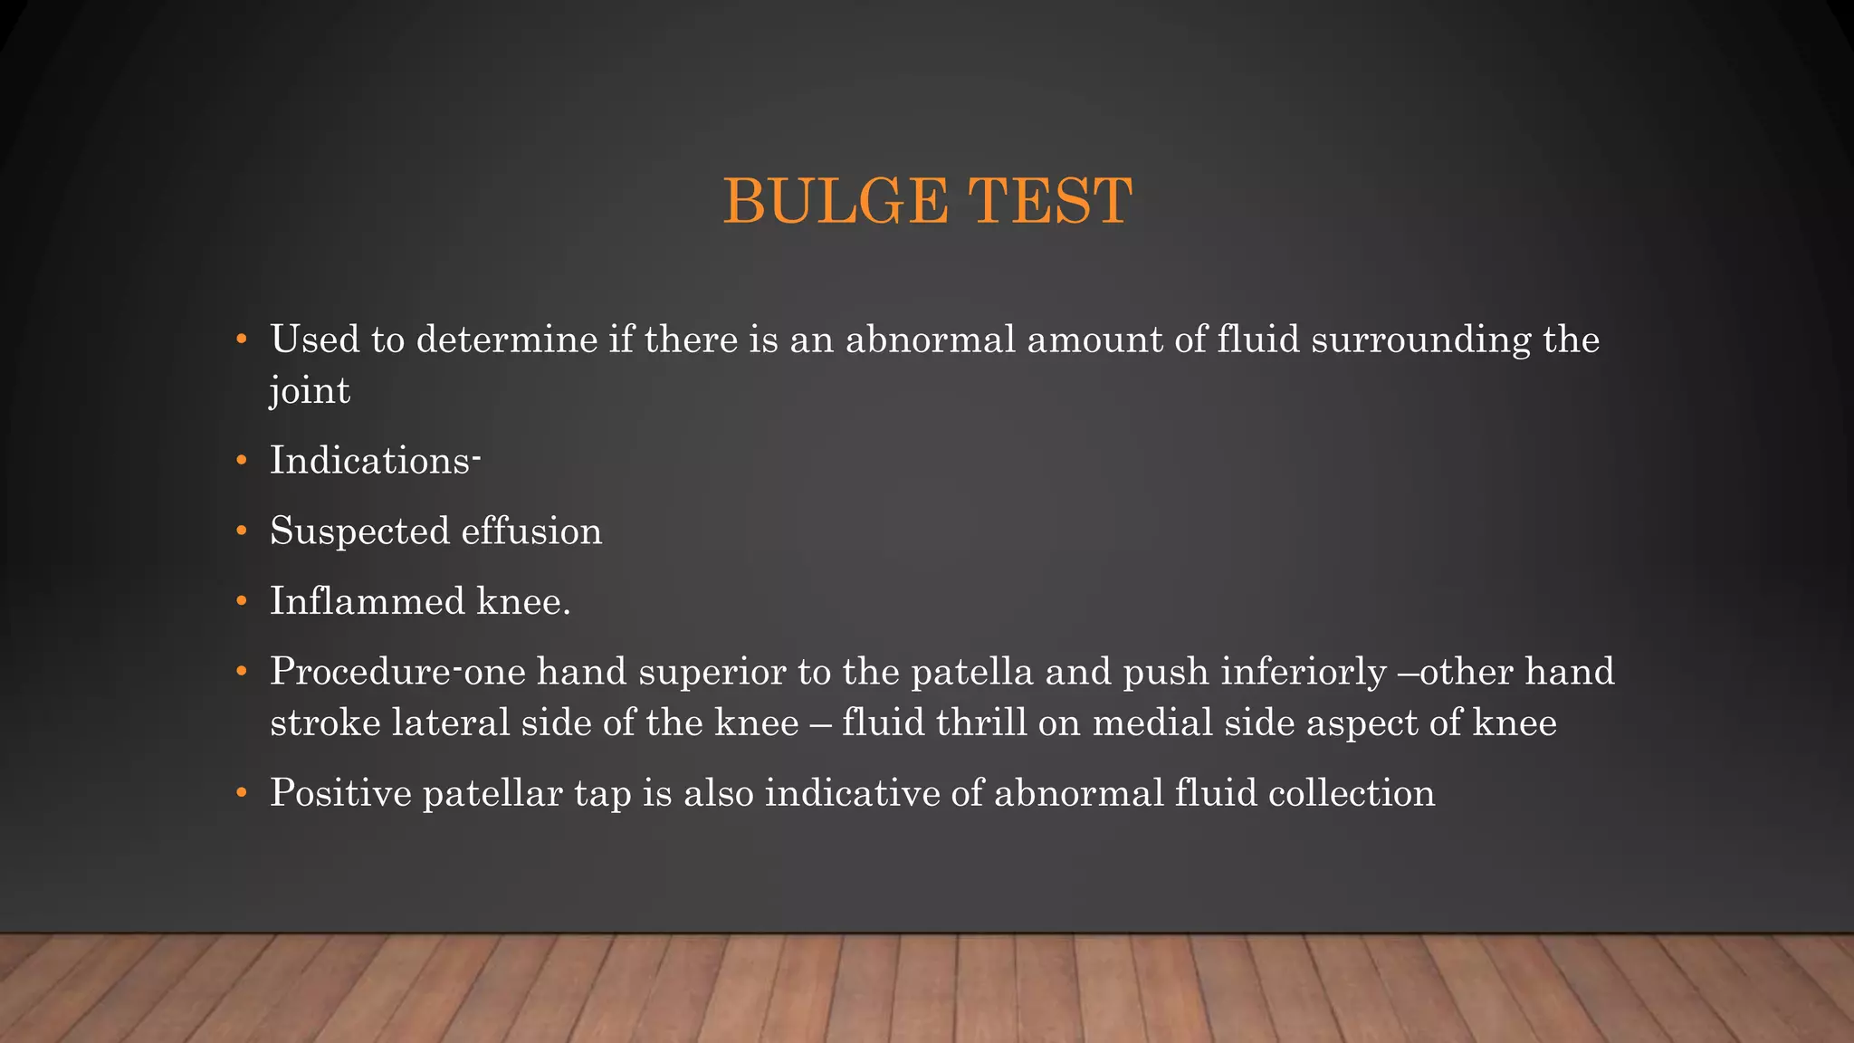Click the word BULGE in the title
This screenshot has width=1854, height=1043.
pyautogui.click(x=836, y=201)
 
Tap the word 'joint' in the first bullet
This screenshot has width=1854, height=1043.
pyautogui.click(x=310, y=391)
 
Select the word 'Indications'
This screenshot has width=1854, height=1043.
pyautogui.click(x=370, y=461)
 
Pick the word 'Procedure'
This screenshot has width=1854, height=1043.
pyautogui.click(x=360, y=672)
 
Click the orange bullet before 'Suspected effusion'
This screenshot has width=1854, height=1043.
pyautogui.click(x=241, y=531)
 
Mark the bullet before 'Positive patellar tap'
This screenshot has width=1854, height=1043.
pyautogui.click(x=241, y=793)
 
